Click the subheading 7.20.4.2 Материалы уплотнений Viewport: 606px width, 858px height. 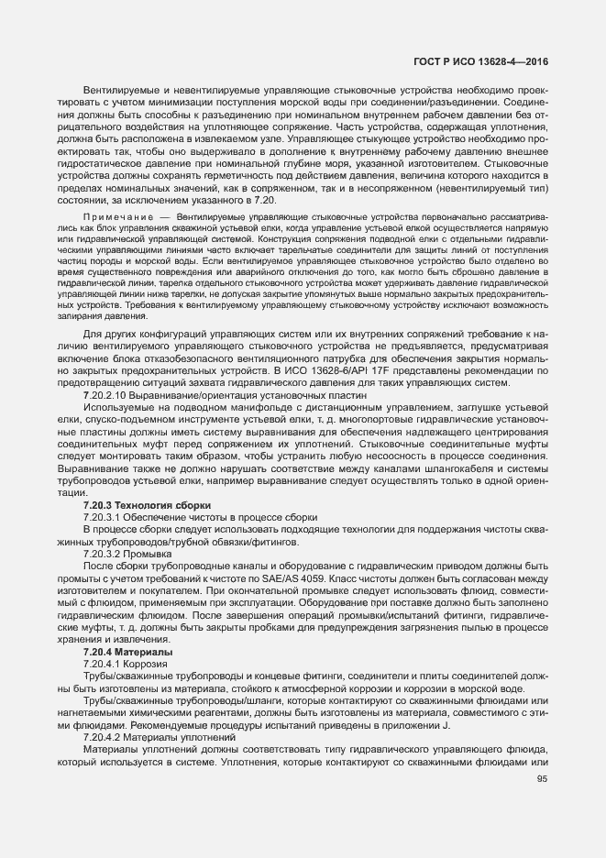pyautogui.click(x=147, y=736)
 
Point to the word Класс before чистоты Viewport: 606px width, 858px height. pyautogui.click(x=404, y=578)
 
